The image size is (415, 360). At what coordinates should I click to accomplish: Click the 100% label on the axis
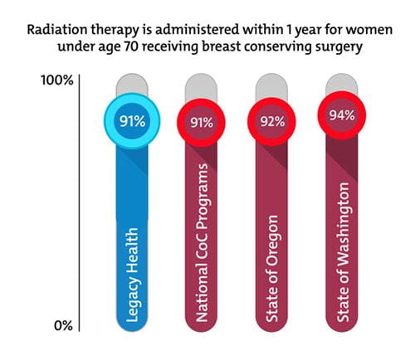click(x=57, y=80)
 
